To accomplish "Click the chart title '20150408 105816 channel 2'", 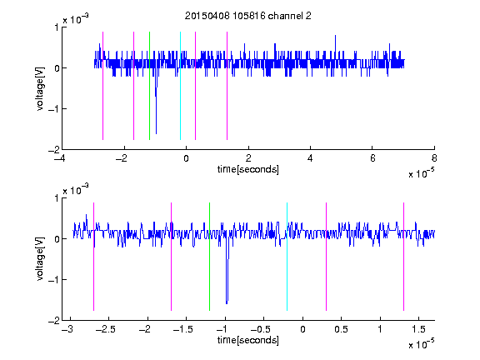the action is click(248, 16).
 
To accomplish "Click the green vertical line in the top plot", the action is click(149, 86).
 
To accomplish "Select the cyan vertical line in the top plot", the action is click(180, 86).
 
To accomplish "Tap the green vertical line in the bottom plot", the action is click(209, 257).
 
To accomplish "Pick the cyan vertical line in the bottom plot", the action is click(287, 257).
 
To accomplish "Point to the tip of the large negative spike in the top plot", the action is click(156, 134).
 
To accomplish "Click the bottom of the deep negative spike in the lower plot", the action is click(227, 303).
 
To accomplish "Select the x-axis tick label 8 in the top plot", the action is click(434, 158).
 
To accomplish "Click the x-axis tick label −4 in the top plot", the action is click(60, 158).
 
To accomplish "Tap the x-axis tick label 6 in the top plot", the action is click(372, 158).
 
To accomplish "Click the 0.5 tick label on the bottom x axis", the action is click(341, 329).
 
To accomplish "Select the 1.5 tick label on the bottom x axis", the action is click(418, 329).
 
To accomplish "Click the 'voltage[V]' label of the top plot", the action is click(40, 89).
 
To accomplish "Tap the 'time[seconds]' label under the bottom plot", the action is click(248, 340).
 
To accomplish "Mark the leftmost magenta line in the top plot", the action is click(102, 86).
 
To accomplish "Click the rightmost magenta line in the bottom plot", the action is click(403, 257).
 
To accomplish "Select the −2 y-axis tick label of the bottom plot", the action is click(54, 321).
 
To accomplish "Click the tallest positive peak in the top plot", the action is click(335, 36).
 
